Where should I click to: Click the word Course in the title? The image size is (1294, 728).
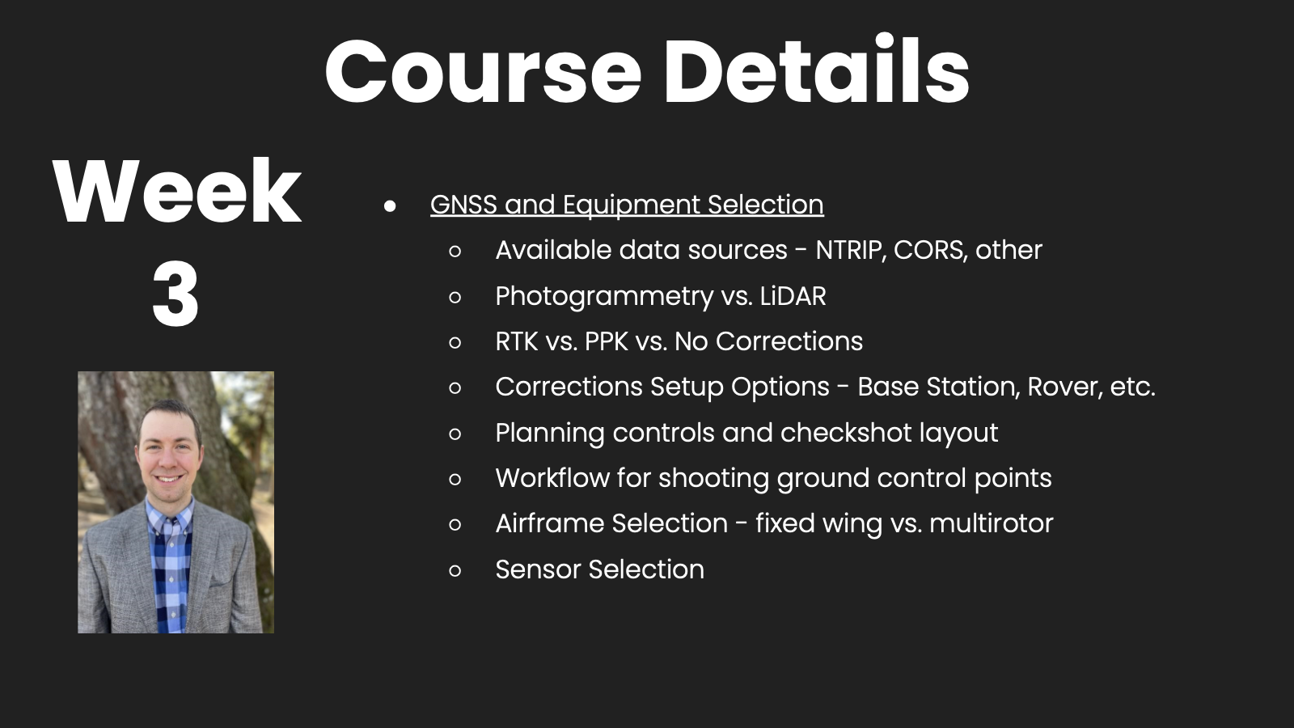pyautogui.click(x=484, y=71)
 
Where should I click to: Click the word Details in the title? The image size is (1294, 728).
pyautogui.click(x=817, y=69)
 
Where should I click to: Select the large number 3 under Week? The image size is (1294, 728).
pyautogui.click(x=175, y=293)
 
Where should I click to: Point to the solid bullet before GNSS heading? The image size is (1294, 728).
pyautogui.click(x=390, y=205)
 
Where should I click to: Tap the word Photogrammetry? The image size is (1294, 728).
pyautogui.click(x=604, y=297)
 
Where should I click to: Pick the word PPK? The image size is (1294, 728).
pyautogui.click(x=606, y=341)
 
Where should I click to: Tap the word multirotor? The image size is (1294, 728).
pyautogui.click(x=992, y=523)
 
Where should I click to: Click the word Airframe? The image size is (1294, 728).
pyautogui.click(x=549, y=523)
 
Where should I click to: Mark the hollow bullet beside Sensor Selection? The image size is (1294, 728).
pyautogui.click(x=455, y=571)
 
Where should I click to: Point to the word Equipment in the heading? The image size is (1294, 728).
pyautogui.click(x=632, y=205)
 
